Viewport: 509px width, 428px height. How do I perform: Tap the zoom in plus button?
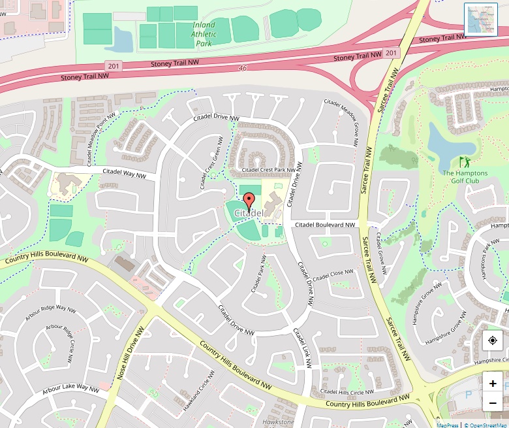[x=493, y=384]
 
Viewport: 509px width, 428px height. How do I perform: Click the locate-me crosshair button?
[x=493, y=340]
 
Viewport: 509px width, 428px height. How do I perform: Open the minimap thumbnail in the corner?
[x=481, y=19]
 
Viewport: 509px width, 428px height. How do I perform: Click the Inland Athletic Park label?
[x=204, y=34]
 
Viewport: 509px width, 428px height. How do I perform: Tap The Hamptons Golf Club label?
[x=465, y=176]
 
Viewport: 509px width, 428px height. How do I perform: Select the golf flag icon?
[x=465, y=161]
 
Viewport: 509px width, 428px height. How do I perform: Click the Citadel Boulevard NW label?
[x=325, y=225]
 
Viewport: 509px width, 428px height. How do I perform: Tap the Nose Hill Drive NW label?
[x=129, y=359]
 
